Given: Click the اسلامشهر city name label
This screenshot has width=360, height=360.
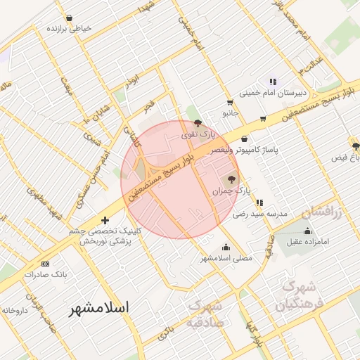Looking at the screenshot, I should click(100, 308).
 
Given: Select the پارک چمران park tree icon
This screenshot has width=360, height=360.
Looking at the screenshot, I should click(233, 178).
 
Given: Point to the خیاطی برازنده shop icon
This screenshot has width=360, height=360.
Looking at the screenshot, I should click(68, 18).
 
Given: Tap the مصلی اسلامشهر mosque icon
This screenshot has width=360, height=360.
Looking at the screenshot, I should click(226, 247).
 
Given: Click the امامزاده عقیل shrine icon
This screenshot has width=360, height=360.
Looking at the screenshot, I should click(307, 231).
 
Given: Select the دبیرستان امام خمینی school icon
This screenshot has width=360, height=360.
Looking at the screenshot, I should click(272, 81).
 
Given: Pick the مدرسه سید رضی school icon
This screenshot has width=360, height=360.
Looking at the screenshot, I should click(259, 202).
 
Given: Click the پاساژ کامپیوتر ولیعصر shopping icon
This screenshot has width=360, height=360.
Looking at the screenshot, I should click(244, 139).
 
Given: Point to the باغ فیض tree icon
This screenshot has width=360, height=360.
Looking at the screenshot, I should click(356, 146).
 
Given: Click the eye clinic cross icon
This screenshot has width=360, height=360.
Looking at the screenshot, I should click(105, 220).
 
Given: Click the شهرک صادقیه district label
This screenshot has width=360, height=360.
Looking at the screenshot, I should click(205, 314).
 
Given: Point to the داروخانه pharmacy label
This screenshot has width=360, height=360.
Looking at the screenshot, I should click(14, 309).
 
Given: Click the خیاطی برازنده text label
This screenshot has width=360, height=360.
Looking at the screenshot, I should click(69, 30).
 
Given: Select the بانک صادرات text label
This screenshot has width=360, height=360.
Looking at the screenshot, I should click(45, 275).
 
